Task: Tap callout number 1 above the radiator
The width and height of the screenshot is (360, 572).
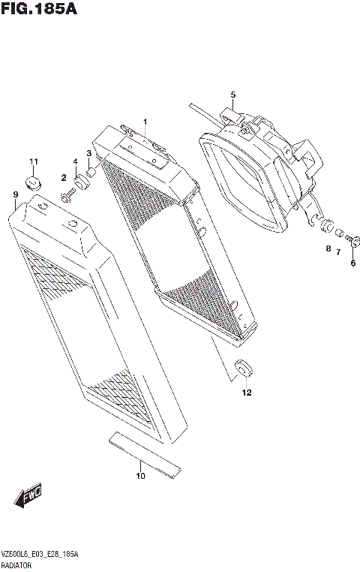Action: [145, 122]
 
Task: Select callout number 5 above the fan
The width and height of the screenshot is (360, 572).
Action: [232, 95]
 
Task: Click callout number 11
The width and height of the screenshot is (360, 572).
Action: [33, 162]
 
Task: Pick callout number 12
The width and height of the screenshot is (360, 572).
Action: [246, 393]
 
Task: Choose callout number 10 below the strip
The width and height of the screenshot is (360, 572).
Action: [140, 475]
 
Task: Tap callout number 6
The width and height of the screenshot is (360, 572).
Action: [352, 263]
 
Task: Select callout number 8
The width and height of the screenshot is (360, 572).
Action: [328, 248]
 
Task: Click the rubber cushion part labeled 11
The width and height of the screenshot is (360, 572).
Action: [34, 181]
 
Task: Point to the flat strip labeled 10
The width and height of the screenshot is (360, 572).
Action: [144, 455]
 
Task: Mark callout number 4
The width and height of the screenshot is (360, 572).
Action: [75, 162]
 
